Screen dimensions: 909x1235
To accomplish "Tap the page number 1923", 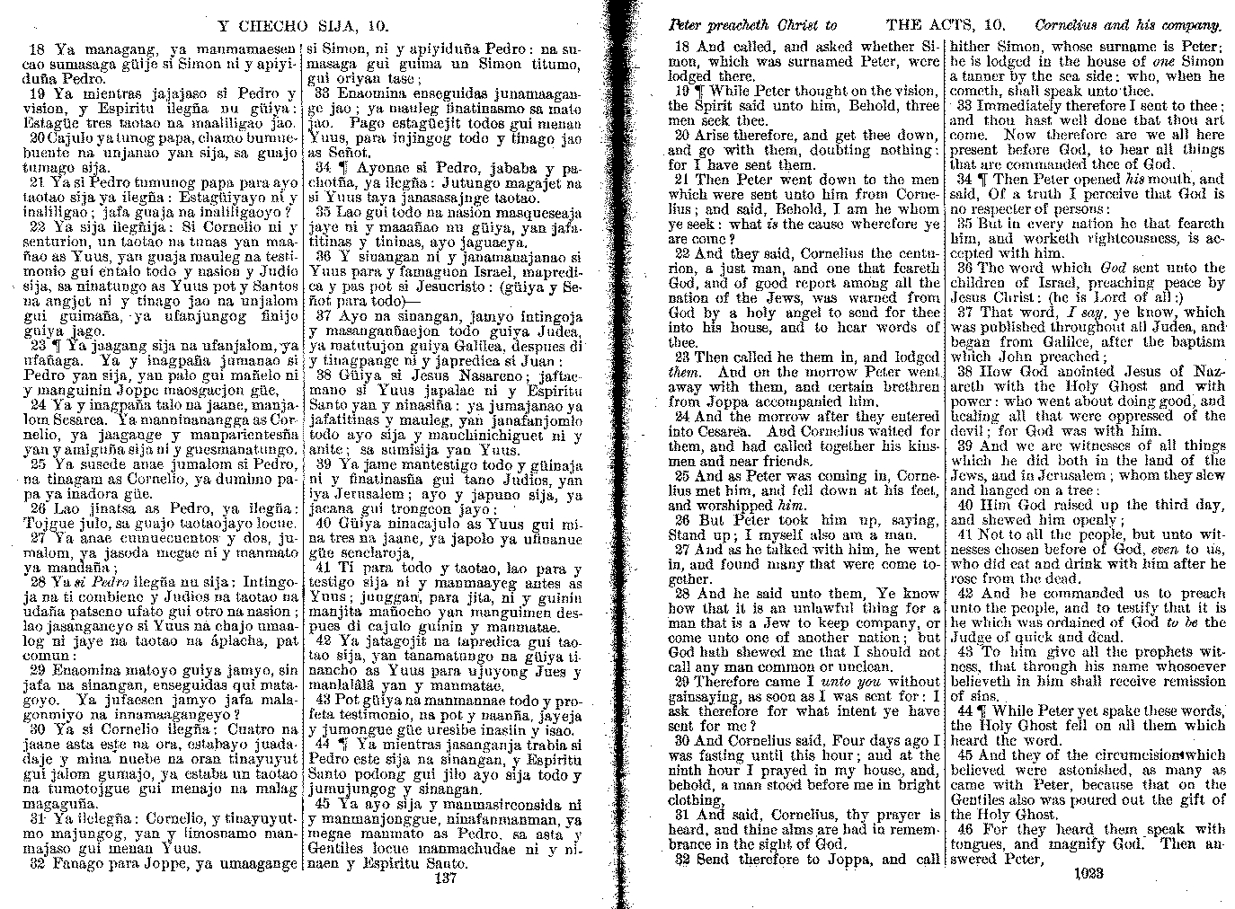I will [1088, 872].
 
